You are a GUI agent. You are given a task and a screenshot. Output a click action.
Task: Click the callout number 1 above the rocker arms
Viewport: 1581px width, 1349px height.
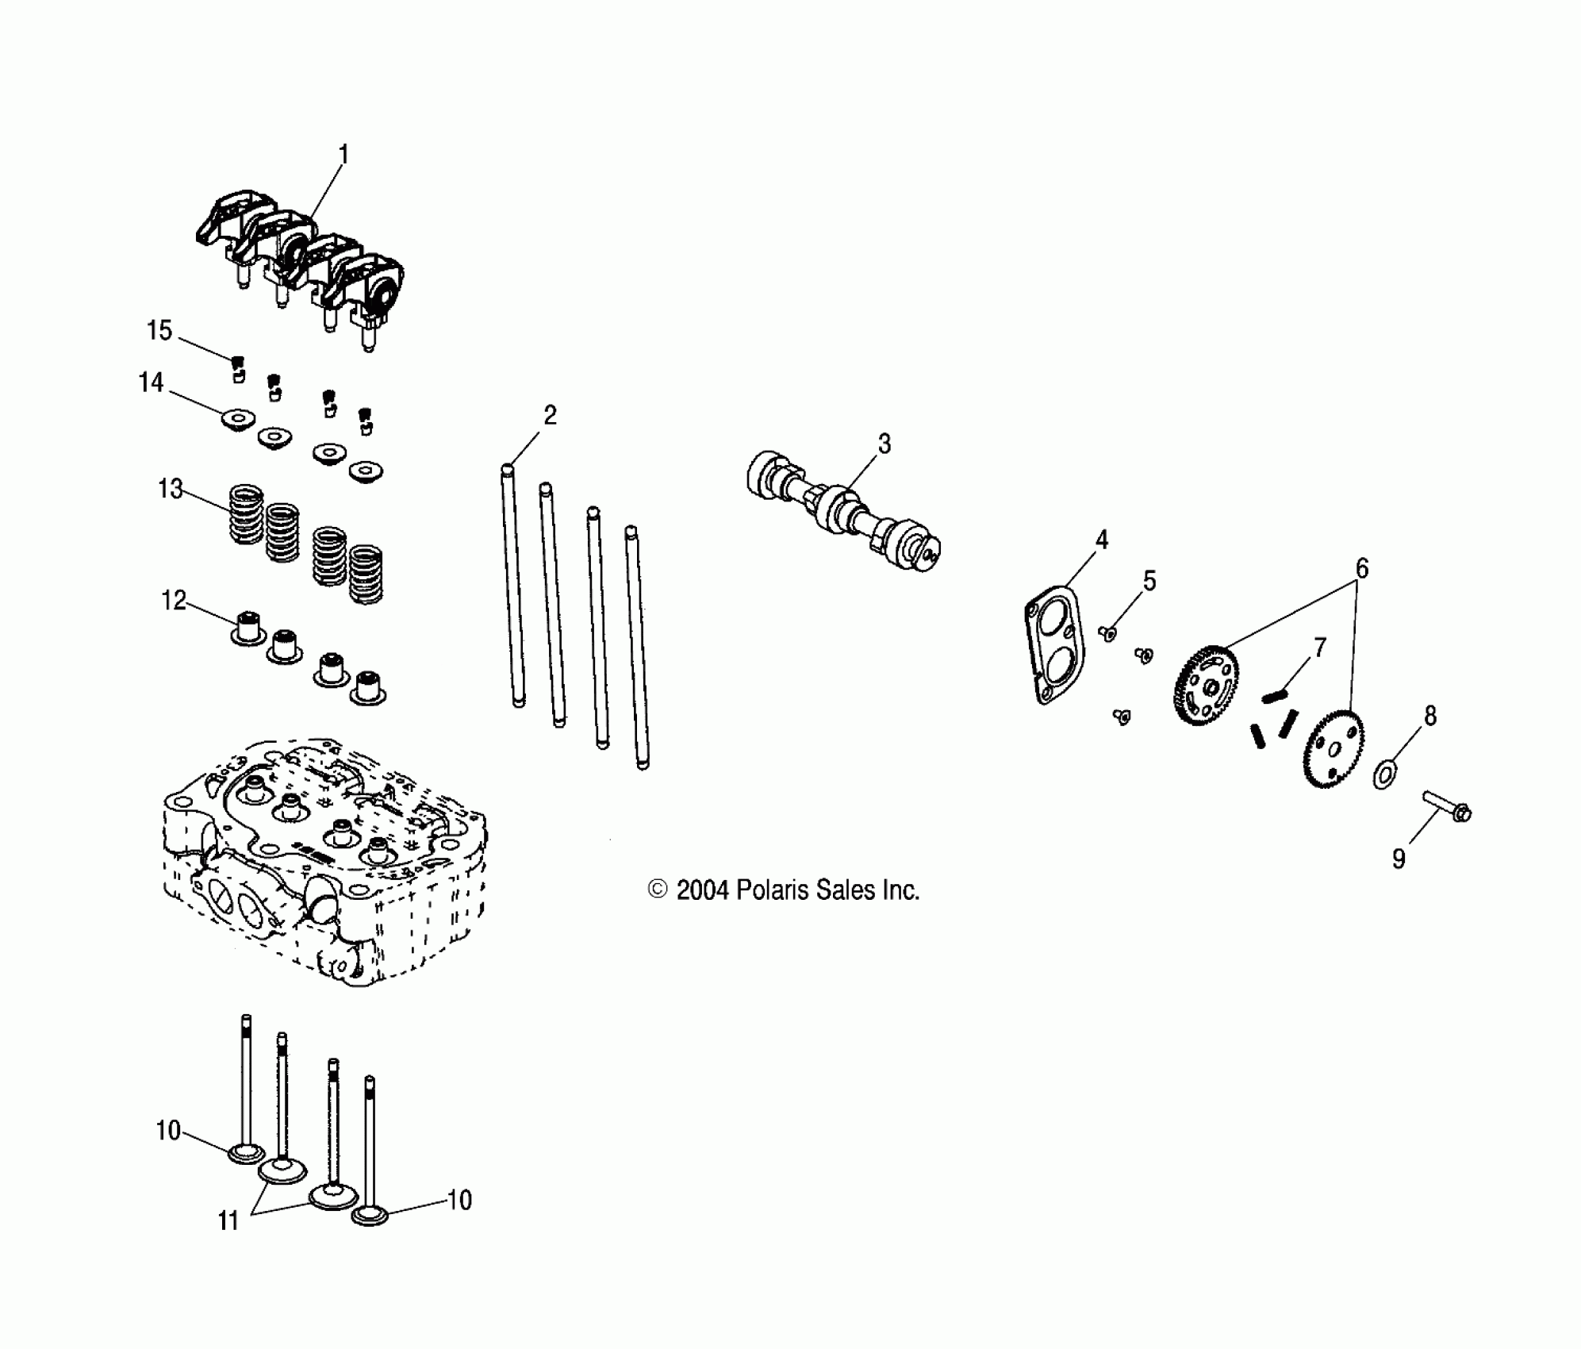(x=343, y=153)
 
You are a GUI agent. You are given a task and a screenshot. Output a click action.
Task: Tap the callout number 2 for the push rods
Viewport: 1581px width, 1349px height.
(x=550, y=415)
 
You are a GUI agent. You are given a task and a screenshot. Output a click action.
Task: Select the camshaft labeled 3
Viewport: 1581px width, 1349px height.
(x=844, y=511)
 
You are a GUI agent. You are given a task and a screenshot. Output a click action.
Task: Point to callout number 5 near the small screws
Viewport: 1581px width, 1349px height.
(x=1149, y=581)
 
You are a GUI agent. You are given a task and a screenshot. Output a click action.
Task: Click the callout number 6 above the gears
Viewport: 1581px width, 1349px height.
(x=1361, y=568)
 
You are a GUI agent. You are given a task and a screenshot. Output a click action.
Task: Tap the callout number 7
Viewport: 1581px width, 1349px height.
(x=1319, y=648)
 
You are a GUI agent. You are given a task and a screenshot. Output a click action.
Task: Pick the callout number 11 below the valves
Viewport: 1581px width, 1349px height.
(x=228, y=1220)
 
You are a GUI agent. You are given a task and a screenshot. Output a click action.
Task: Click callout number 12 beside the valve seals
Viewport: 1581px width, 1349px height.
(x=174, y=601)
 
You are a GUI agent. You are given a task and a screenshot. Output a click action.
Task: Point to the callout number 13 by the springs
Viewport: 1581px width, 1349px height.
(x=171, y=489)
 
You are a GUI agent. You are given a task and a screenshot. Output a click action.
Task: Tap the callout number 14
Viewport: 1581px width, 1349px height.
(x=151, y=382)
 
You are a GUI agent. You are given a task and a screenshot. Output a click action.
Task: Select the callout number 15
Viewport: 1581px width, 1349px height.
(x=159, y=330)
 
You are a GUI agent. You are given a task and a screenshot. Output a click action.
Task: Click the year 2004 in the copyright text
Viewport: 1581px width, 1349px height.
(x=702, y=890)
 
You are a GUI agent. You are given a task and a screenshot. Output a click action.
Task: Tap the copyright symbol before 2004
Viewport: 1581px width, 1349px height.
(x=658, y=890)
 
